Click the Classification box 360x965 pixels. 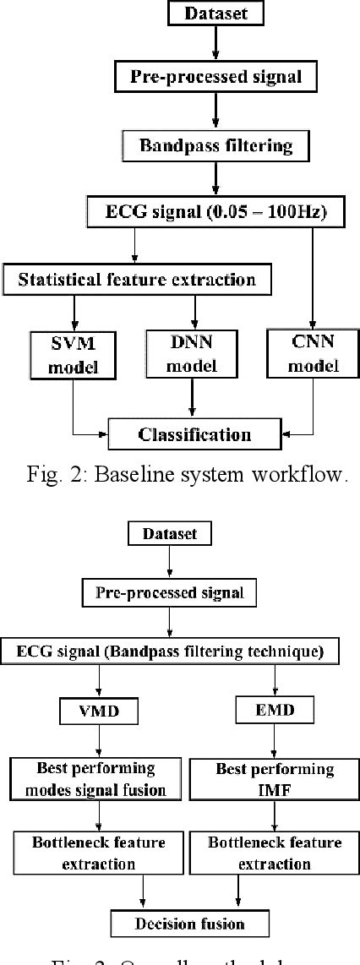(x=194, y=434)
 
